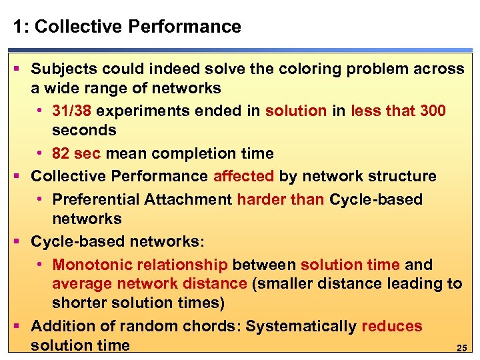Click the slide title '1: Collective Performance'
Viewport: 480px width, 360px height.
click(127, 27)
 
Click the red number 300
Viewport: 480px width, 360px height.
click(433, 111)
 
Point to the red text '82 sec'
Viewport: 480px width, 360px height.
click(76, 153)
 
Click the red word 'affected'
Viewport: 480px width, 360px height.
click(243, 176)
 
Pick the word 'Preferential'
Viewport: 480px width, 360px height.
click(92, 199)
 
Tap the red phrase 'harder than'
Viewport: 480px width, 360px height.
click(281, 199)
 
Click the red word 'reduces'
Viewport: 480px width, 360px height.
click(391, 326)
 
